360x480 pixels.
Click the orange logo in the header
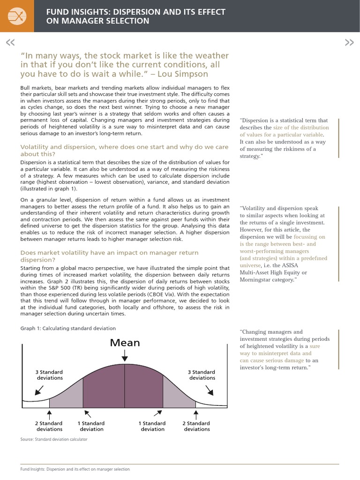coord(17,16)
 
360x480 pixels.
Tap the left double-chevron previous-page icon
coord(10,43)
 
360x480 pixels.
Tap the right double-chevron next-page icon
coord(349,43)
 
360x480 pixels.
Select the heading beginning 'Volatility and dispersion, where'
coord(124,150)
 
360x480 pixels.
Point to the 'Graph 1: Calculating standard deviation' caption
coord(68,328)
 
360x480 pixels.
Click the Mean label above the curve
coord(125,343)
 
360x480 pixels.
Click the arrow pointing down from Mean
coord(125,357)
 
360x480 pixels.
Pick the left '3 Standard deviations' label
coord(49,375)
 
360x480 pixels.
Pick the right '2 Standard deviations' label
coord(197,426)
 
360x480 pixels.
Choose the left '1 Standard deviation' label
coord(91,426)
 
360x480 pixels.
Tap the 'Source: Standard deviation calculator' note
coord(53,439)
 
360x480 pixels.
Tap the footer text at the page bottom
coord(75,469)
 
